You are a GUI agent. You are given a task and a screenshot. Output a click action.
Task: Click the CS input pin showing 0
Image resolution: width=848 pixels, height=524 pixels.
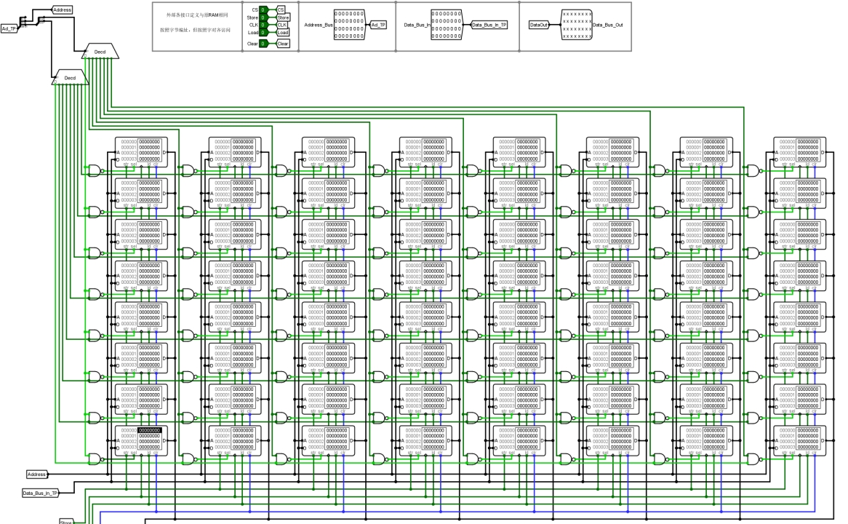coord(263,9)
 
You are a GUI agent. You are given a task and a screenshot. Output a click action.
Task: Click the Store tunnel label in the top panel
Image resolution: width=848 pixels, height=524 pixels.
coord(283,17)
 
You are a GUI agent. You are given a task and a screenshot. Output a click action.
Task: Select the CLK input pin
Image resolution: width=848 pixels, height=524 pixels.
coord(263,25)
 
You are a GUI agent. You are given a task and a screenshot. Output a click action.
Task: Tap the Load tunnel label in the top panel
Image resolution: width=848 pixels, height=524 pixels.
coord(283,32)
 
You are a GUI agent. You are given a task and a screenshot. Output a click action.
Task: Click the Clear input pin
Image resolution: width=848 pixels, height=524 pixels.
coord(263,44)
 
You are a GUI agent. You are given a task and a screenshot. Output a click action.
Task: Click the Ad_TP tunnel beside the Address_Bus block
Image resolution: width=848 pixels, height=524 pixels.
coord(379,25)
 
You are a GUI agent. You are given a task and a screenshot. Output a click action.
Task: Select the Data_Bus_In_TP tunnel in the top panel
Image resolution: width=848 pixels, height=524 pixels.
coord(489,24)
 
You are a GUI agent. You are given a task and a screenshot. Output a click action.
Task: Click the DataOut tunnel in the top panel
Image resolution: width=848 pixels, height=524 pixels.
coord(539,25)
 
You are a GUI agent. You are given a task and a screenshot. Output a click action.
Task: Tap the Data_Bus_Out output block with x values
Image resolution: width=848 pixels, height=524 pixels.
coord(577,25)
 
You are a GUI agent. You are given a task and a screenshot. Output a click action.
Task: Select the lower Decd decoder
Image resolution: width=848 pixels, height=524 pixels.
coord(70,78)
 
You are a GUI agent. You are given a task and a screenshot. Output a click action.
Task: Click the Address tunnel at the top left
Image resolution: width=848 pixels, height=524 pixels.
coord(63,9)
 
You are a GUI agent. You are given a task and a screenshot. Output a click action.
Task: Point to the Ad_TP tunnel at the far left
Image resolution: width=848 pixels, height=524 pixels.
coord(9,29)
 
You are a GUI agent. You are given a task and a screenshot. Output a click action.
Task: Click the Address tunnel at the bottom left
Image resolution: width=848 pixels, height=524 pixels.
coord(36,475)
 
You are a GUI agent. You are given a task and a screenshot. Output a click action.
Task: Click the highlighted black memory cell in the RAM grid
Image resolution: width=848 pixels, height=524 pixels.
coord(149,431)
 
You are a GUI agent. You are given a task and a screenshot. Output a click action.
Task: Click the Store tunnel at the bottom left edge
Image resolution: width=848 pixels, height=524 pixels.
coord(66,521)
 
